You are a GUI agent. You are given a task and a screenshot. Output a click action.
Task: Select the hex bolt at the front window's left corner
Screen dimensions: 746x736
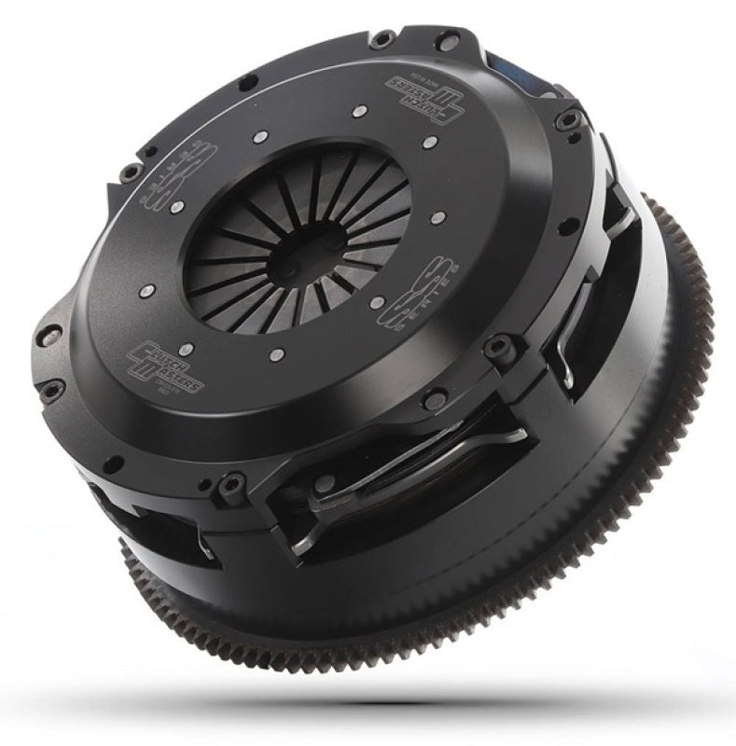tap(229, 486)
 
